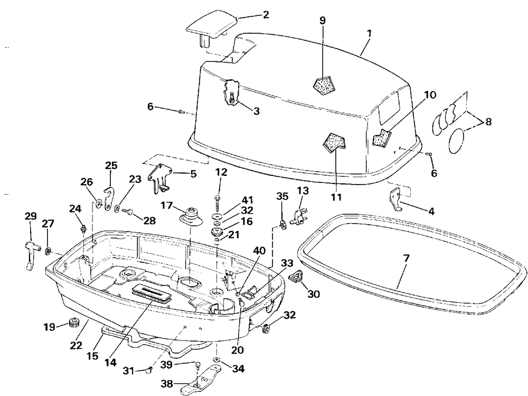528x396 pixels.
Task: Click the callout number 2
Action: [x=266, y=15]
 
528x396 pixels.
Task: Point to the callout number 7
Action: [x=407, y=259]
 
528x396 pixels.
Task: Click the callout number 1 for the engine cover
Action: [x=370, y=34]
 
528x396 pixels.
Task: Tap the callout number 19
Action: [x=49, y=327]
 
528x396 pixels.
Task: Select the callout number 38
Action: [x=167, y=383]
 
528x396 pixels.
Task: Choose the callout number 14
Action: [x=110, y=363]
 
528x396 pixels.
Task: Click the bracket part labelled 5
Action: [x=159, y=178]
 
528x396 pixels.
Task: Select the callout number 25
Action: [x=111, y=165]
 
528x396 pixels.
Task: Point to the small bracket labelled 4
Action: [x=395, y=200]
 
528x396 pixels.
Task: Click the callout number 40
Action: [x=259, y=251]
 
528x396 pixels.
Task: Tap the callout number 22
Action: [x=76, y=345]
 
